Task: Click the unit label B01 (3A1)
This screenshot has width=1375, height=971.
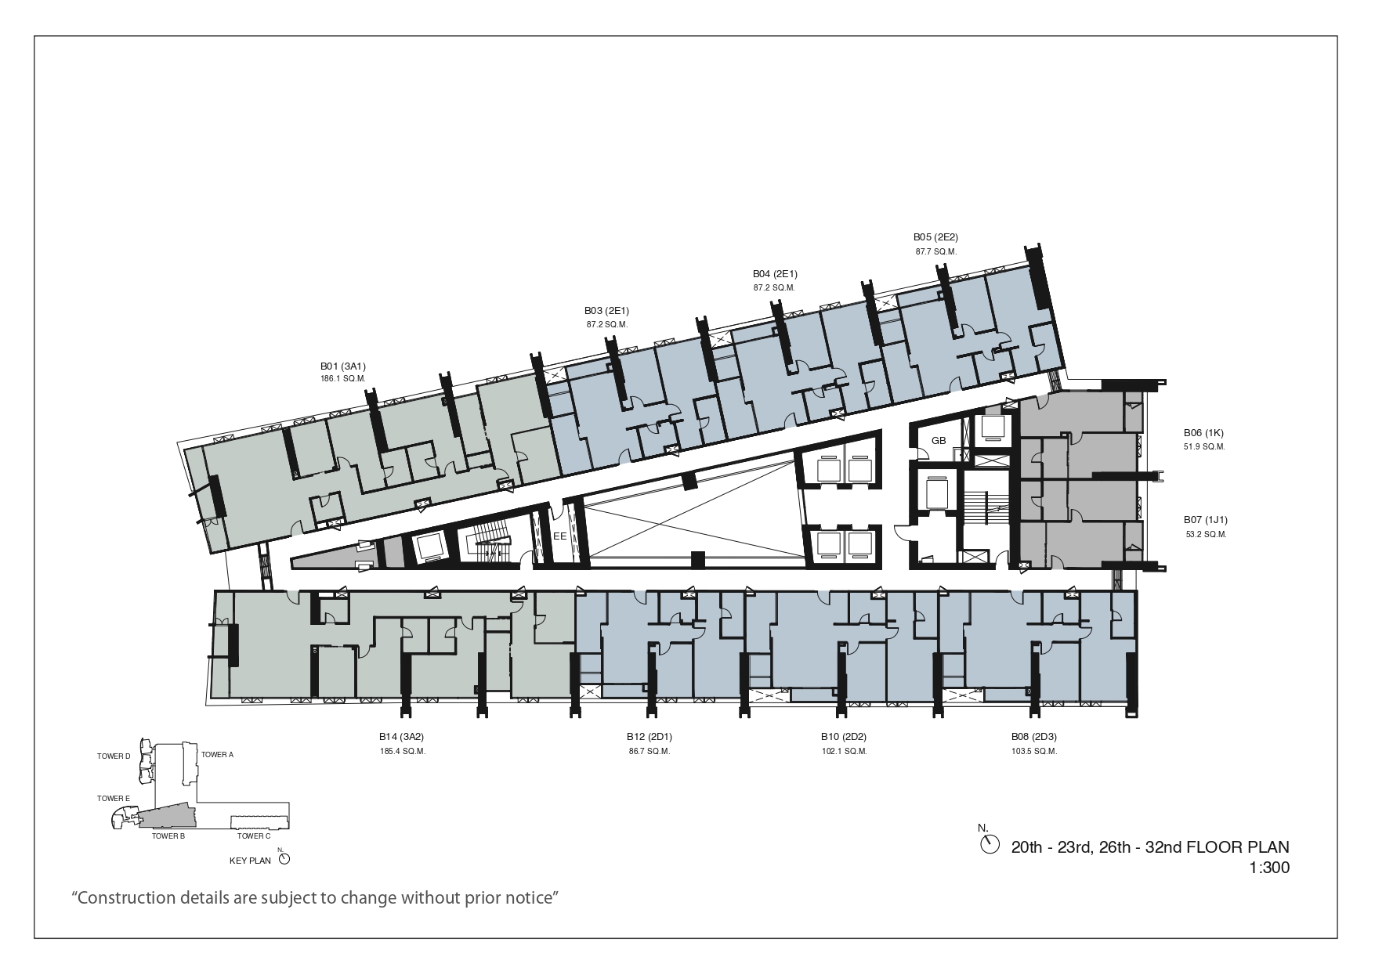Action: click(x=343, y=366)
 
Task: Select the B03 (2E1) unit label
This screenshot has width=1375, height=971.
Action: click(x=606, y=311)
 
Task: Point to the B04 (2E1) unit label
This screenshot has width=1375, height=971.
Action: click(x=775, y=274)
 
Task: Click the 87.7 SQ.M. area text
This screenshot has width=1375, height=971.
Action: click(x=936, y=251)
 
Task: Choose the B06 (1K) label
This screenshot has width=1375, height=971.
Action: click(x=1203, y=432)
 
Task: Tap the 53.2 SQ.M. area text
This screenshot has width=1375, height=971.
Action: click(x=1206, y=535)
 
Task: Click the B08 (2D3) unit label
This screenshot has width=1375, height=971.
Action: click(x=1034, y=737)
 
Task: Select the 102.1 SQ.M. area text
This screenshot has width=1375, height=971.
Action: click(x=844, y=752)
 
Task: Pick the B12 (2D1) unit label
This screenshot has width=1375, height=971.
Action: click(x=650, y=737)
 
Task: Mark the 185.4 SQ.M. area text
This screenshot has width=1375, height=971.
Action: click(x=401, y=752)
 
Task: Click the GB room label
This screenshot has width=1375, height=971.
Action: click(x=939, y=441)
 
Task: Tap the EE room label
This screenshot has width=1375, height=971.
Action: click(x=559, y=537)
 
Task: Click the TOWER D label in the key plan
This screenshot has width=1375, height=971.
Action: click(x=114, y=756)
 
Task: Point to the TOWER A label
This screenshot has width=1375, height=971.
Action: click(x=218, y=755)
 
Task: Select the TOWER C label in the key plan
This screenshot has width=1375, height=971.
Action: click(x=254, y=836)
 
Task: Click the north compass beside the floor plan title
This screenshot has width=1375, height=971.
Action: click(x=990, y=844)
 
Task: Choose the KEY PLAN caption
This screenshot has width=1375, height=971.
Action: click(x=250, y=861)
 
